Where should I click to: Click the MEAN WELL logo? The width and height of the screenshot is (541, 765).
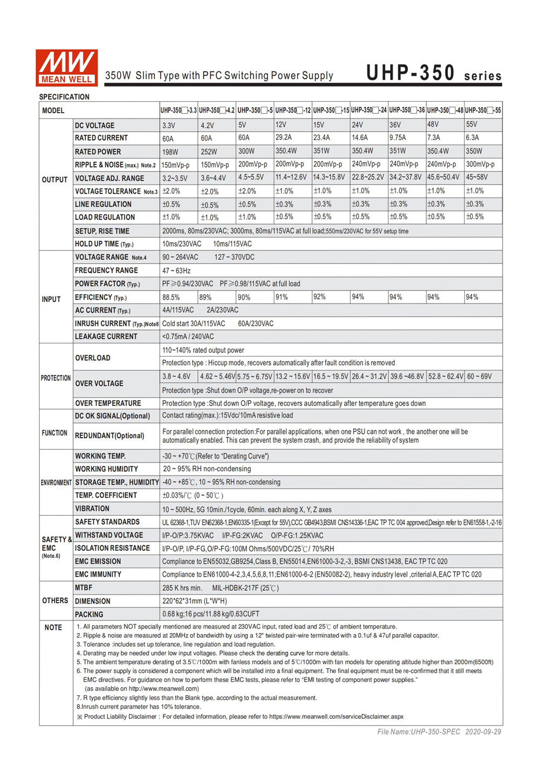click(67, 68)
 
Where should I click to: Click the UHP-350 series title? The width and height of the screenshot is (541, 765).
click(433, 73)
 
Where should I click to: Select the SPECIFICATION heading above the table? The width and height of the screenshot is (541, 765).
click(64, 97)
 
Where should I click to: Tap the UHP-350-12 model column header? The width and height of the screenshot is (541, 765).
click(293, 110)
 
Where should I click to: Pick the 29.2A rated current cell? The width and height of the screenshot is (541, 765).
click(283, 138)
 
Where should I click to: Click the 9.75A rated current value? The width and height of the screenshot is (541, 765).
click(398, 138)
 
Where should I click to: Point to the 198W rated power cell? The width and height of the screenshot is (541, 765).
click(170, 152)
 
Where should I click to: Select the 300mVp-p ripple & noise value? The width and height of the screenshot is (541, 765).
click(480, 164)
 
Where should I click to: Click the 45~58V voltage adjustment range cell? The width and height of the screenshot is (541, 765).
click(477, 177)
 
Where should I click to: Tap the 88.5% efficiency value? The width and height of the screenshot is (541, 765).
click(171, 297)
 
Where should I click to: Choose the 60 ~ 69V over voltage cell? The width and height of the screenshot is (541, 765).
click(479, 377)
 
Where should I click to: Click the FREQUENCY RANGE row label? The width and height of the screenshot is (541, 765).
click(107, 271)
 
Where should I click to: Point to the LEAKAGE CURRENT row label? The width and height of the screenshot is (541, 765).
click(106, 337)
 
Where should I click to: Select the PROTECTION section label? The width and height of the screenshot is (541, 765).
click(56, 378)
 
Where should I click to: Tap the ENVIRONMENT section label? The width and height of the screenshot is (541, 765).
click(56, 483)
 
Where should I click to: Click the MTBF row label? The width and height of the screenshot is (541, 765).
click(84, 588)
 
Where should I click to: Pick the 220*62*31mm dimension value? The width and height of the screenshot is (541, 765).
click(195, 601)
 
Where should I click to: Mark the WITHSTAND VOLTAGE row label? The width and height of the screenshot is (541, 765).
click(109, 535)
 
